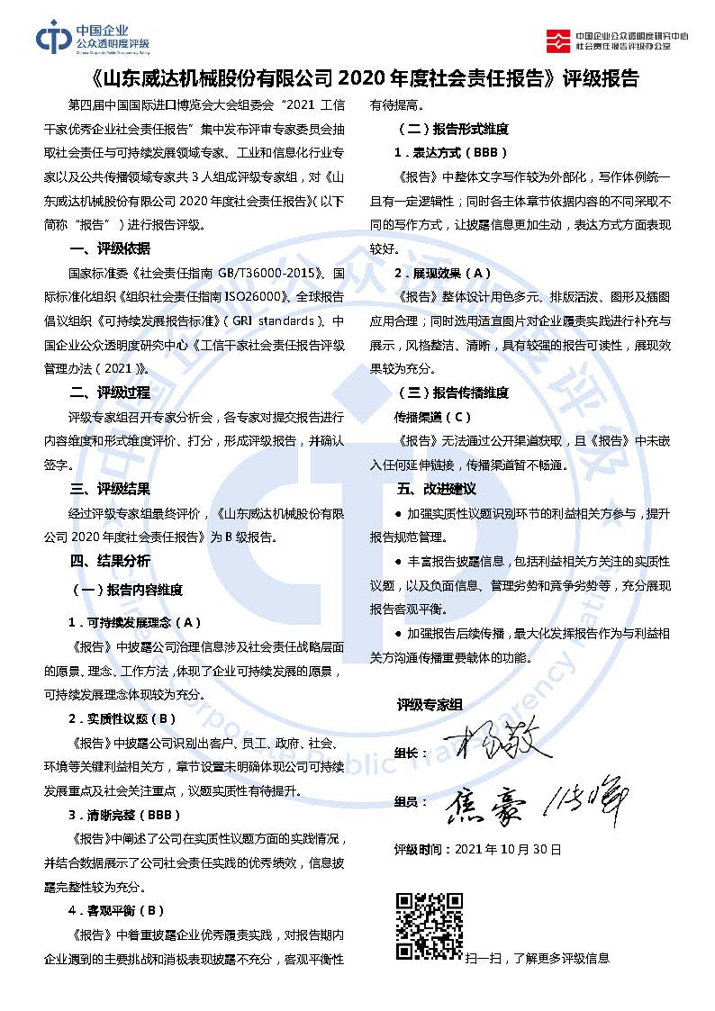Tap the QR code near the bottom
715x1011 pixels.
[x=430, y=925]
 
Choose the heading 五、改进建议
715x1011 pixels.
[x=436, y=489]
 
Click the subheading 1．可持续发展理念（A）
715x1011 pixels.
[x=134, y=622]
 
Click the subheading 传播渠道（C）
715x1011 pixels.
[x=432, y=417]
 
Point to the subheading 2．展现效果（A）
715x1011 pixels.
[x=442, y=273]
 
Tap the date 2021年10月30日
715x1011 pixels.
[x=509, y=849]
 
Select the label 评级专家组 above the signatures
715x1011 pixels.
[x=430, y=705]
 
